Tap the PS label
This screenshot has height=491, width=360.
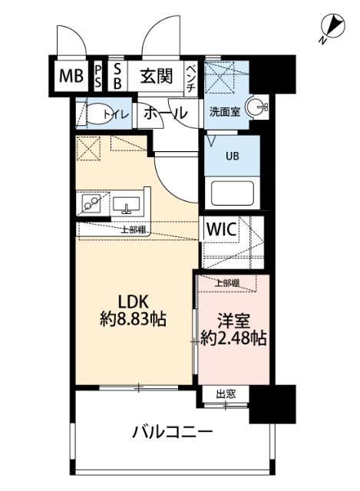point(99,76)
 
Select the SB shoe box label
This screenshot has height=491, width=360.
point(117,76)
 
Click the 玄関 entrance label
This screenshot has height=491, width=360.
point(157,76)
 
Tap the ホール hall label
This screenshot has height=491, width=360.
point(165,113)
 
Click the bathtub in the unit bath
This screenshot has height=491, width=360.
point(232,191)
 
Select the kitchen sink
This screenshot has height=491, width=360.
point(127,205)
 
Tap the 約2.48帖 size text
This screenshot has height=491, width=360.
point(233,338)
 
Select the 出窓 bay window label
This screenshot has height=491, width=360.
point(225,394)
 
